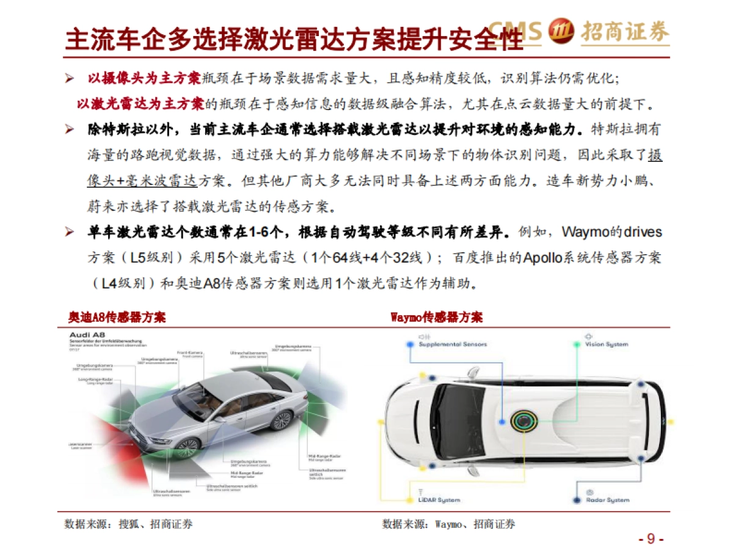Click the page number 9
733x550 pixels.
[x=651, y=538]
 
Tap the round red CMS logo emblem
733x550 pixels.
[x=560, y=31]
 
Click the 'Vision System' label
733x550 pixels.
[x=607, y=345]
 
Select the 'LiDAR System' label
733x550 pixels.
[x=439, y=500]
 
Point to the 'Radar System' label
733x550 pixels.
[x=608, y=500]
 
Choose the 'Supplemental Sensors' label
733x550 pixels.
[x=453, y=345]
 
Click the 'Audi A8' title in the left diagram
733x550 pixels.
[x=87, y=335]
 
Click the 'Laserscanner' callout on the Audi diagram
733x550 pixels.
[x=79, y=444]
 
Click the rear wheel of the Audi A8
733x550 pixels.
[x=282, y=419]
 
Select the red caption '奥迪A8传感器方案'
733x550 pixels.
[x=117, y=318]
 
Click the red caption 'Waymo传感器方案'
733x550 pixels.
[x=436, y=318]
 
